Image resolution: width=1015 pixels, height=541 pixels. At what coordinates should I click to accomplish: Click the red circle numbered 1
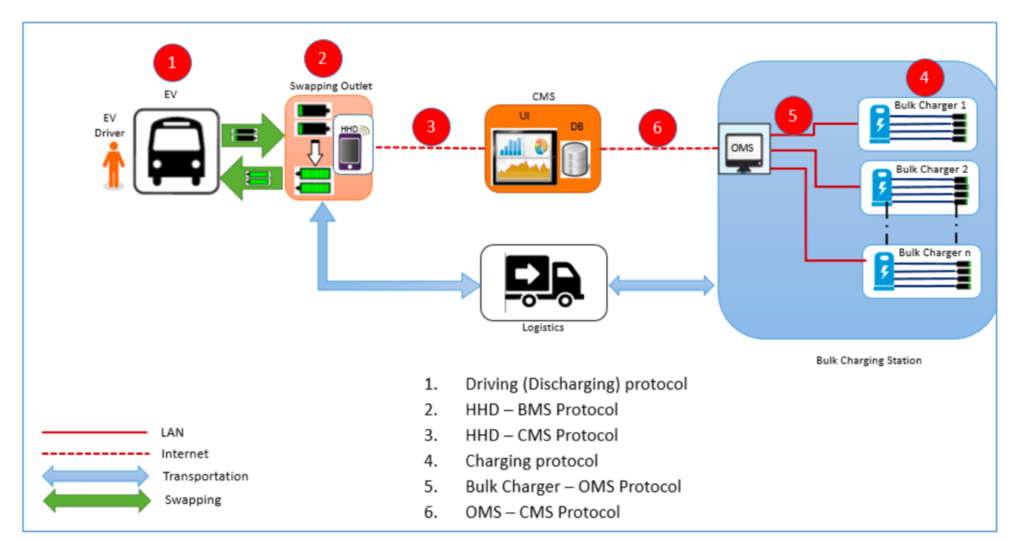pos(172,63)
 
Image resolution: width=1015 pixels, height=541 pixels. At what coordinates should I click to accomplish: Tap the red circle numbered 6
pos(657,127)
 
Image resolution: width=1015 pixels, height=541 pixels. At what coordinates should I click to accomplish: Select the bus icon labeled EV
pos(177,152)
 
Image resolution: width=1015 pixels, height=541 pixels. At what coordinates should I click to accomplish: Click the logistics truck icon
pos(543,282)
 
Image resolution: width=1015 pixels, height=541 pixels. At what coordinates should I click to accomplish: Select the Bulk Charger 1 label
pos(930,105)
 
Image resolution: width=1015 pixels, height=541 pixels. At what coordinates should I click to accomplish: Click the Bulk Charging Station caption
pos(869,361)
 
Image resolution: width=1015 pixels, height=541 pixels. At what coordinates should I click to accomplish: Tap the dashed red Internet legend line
pos(94,454)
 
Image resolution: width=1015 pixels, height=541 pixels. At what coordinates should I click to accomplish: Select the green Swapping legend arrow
pos(96,500)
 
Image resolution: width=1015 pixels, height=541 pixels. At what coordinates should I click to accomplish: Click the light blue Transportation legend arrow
pos(96,476)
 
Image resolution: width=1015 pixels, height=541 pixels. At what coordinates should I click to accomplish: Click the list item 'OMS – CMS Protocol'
pos(542,512)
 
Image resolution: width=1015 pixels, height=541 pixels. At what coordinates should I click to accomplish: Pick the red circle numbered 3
pos(431,126)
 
